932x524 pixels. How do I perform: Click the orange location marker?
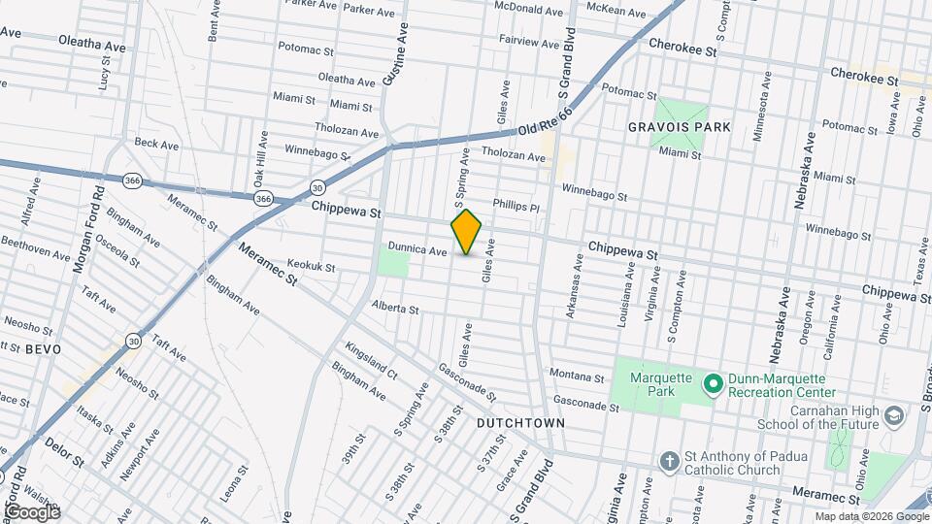[467, 232]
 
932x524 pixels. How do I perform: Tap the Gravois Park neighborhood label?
[679, 127]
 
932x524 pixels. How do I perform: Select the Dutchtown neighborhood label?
[521, 424]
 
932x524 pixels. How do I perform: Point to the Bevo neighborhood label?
[43, 348]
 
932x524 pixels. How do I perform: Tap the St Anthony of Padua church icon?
[668, 462]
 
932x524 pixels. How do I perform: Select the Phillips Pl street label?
[516, 206]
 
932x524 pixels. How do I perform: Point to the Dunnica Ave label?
[417, 250]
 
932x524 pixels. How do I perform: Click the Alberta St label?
[394, 310]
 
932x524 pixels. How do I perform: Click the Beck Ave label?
[157, 144]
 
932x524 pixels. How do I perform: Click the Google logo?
[32, 511]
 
